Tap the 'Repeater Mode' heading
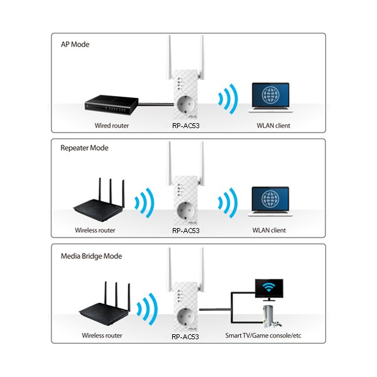(x=84, y=148)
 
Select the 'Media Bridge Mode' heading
(x=91, y=256)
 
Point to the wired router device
(x=111, y=104)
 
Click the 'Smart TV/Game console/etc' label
(x=263, y=336)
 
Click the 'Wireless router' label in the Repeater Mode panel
(x=95, y=231)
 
